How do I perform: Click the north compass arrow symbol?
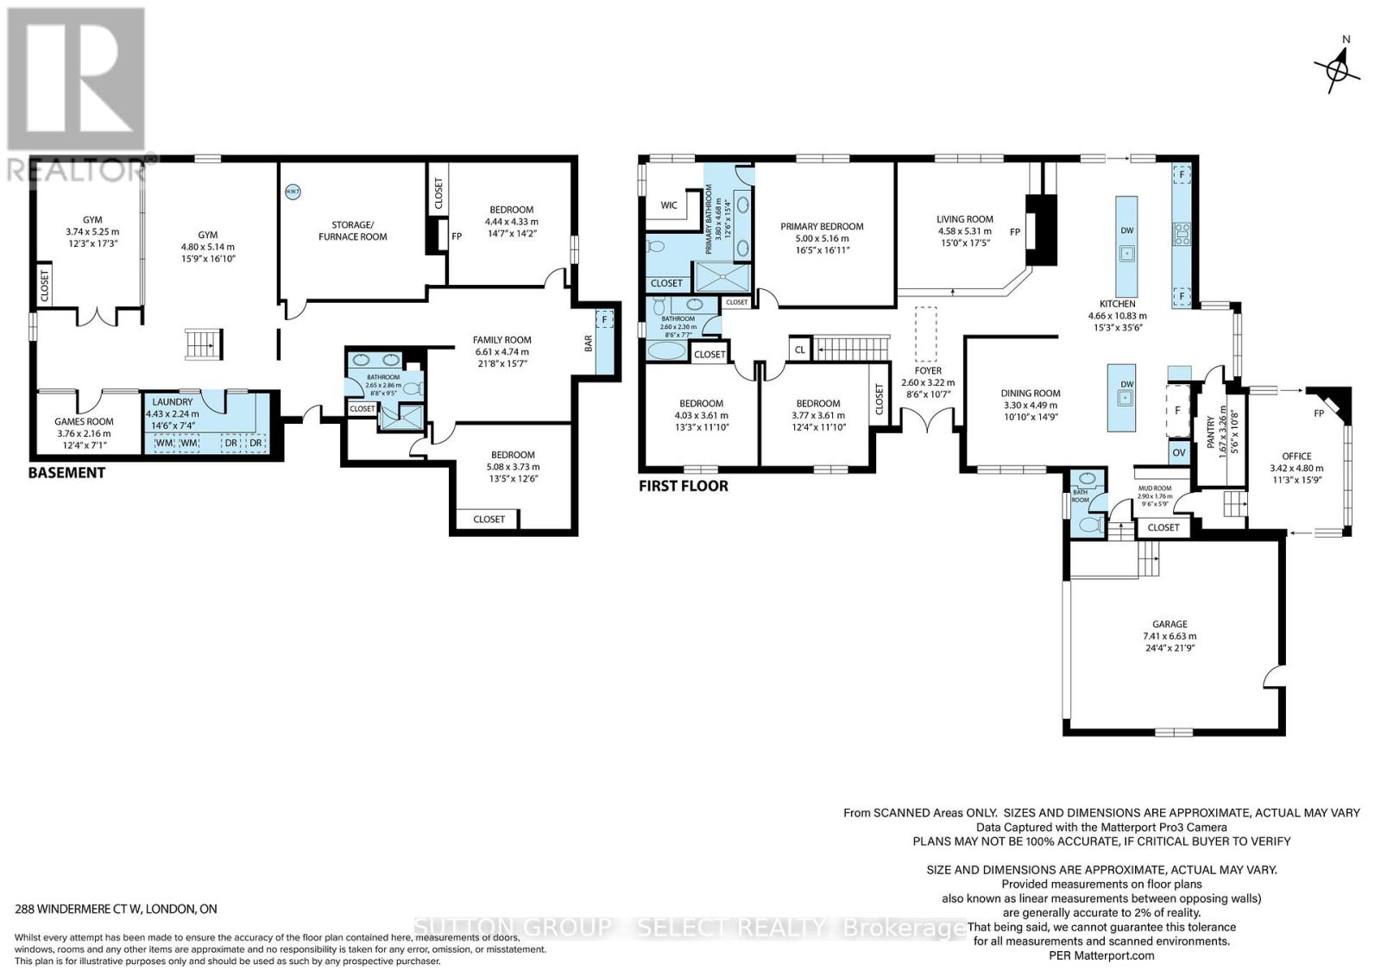[x=1337, y=66]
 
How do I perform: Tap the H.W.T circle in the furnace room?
[x=292, y=192]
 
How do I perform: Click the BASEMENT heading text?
[x=66, y=473]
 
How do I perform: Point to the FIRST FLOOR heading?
[x=683, y=486]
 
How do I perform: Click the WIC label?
[x=669, y=205]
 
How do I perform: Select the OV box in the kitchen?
[x=1179, y=452]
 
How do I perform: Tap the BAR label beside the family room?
[x=590, y=343]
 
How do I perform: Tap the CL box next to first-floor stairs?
[x=799, y=350]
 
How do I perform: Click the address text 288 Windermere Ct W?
[x=117, y=909]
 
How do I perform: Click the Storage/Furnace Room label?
[x=352, y=230]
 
